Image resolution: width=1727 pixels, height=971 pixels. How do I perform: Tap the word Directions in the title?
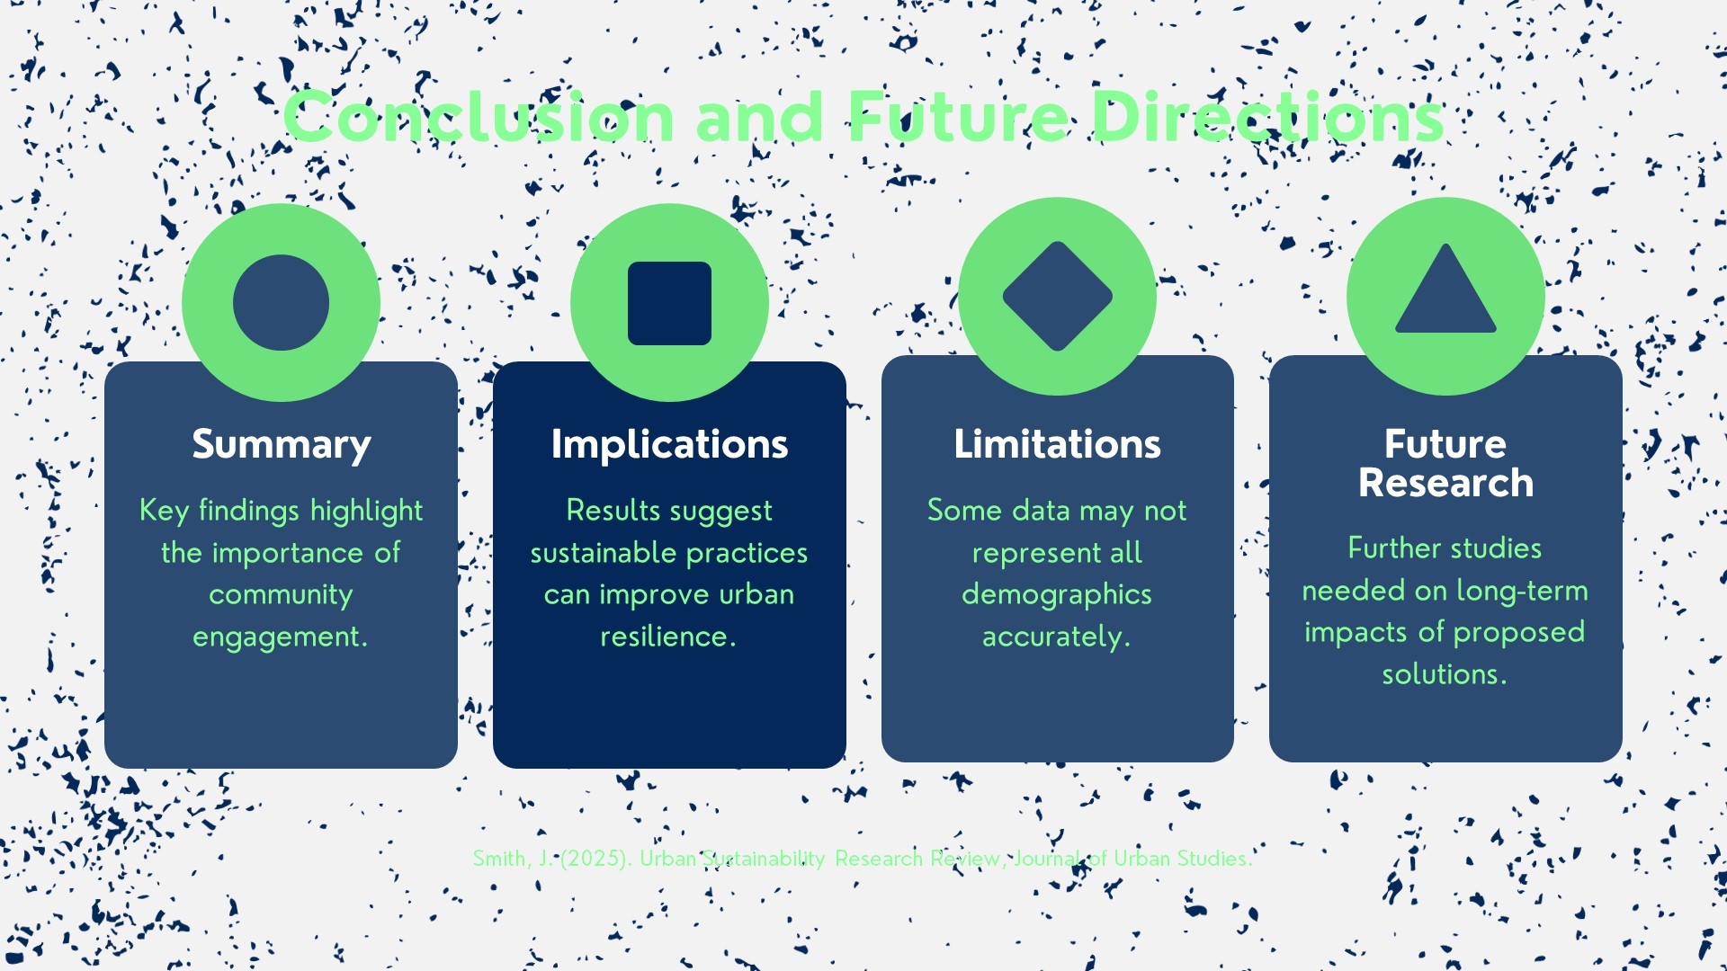point(1268,118)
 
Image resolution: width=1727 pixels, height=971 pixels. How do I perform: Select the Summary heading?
point(281,444)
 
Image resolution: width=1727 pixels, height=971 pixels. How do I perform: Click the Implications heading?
point(669,444)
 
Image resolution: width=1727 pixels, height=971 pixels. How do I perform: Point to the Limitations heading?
point(1057,444)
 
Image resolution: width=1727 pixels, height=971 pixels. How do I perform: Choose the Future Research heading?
point(1445,463)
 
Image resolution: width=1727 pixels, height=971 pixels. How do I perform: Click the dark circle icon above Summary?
point(281,303)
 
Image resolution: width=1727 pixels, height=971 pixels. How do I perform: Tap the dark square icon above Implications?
point(669,303)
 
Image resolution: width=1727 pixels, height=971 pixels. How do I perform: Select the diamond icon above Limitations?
point(1057,296)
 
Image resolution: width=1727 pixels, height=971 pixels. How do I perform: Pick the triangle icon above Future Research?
point(1445,293)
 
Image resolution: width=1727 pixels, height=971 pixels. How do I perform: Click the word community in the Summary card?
point(281,594)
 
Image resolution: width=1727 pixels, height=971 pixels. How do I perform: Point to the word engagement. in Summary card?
point(281,637)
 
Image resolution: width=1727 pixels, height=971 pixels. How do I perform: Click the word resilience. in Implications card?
point(668,637)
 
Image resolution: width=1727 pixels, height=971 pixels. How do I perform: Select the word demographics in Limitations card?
point(1057,594)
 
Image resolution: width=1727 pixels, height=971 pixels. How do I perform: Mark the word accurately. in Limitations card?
point(1057,637)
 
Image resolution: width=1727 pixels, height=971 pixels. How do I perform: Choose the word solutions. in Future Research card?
point(1445,674)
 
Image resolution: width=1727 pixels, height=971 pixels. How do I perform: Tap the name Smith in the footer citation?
point(500,859)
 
